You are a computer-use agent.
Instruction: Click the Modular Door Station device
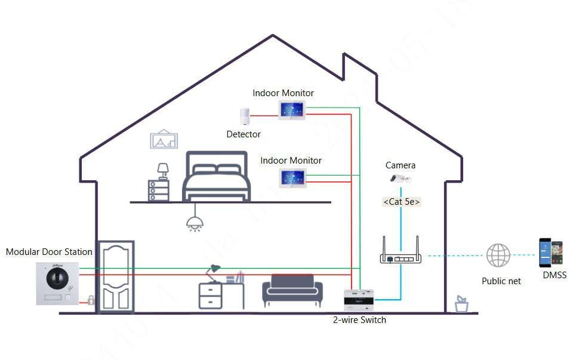tap(57, 284)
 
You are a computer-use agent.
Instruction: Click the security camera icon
tap(400, 178)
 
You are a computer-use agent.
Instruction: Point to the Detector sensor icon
tap(244, 116)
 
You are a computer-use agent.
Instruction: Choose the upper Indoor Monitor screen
tap(292, 110)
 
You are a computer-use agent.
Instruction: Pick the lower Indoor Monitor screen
tap(292, 177)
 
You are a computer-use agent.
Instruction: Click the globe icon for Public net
tap(498, 256)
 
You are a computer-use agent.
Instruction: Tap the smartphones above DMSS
tap(550, 253)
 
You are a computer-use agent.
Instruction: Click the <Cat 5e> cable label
tap(401, 202)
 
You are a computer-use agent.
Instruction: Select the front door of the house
tap(115, 276)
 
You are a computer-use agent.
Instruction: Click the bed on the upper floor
tap(216, 177)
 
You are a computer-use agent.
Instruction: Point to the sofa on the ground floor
tap(292, 291)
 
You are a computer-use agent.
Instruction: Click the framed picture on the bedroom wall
tap(164, 139)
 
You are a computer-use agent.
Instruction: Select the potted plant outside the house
tap(461, 304)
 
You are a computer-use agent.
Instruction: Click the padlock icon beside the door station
tap(91, 300)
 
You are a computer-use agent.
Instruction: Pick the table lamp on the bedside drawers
tap(162, 171)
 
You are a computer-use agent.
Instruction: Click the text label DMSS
tap(554, 275)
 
